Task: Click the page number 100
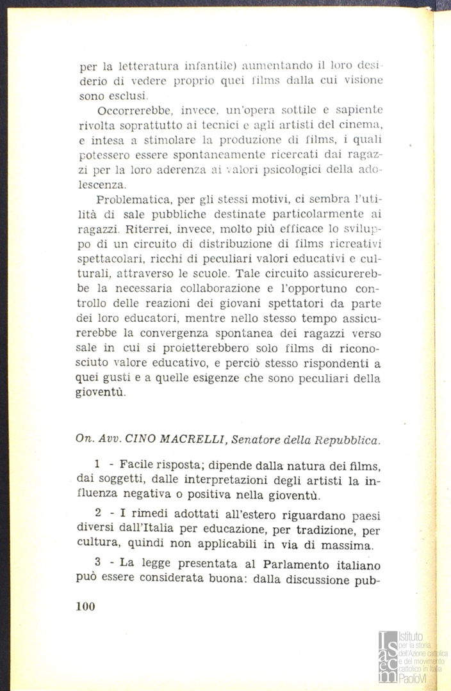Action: click(85, 607)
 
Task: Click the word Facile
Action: click(135, 466)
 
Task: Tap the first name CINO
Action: click(140, 439)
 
